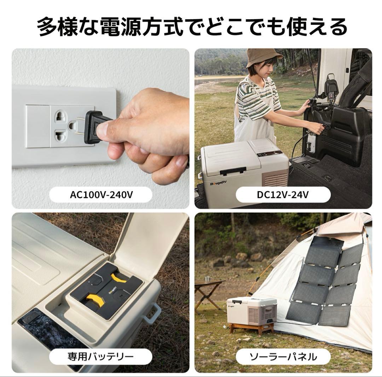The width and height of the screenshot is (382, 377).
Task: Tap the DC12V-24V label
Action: (283, 195)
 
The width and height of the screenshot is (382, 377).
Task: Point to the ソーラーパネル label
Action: (283, 357)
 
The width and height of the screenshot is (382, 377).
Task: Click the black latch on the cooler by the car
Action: (233, 172)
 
